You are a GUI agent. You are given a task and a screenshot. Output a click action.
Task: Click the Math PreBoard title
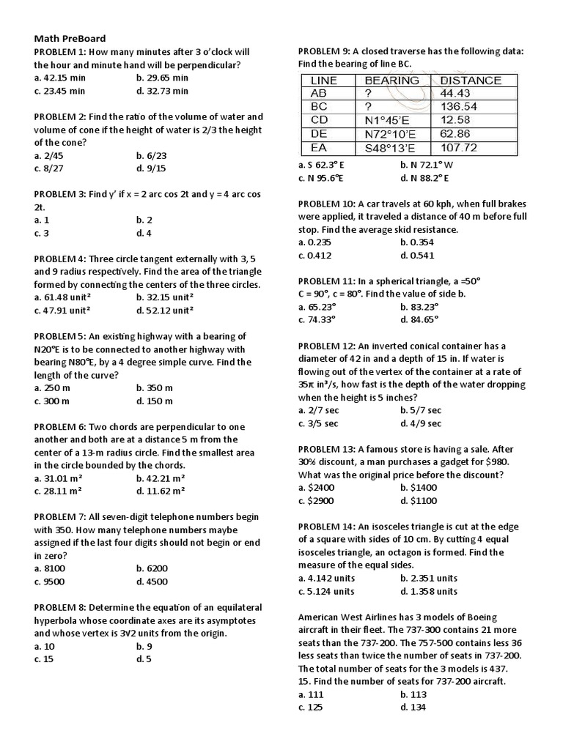tap(70, 38)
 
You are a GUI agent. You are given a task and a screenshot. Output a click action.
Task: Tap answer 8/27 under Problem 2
tap(48, 168)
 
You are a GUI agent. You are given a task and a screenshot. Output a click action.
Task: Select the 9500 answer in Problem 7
tap(49, 582)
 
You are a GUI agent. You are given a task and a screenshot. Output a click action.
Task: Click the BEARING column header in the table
tap(392, 81)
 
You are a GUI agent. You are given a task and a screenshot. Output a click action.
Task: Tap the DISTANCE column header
tap(471, 81)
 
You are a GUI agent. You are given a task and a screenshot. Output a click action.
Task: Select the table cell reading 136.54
tap(458, 107)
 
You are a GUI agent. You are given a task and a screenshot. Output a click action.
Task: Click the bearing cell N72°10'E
tap(390, 134)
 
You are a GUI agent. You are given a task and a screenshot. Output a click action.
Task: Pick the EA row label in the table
tap(320, 148)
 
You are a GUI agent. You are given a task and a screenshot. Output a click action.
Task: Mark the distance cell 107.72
tap(460, 148)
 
